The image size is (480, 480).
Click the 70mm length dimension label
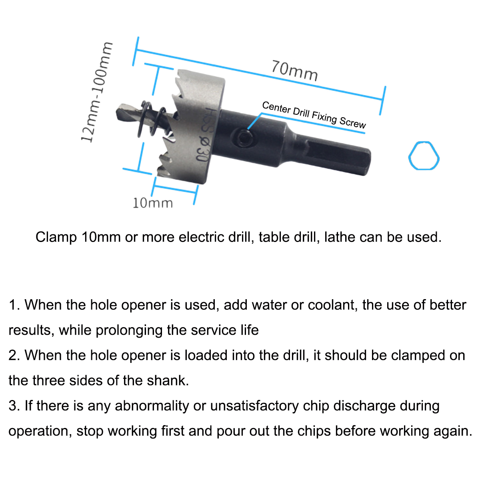[295, 70]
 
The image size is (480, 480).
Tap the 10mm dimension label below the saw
[153, 203]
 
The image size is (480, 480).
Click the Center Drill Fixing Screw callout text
[314, 115]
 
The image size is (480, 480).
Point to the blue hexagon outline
[424, 156]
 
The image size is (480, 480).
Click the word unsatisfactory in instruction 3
[254, 406]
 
